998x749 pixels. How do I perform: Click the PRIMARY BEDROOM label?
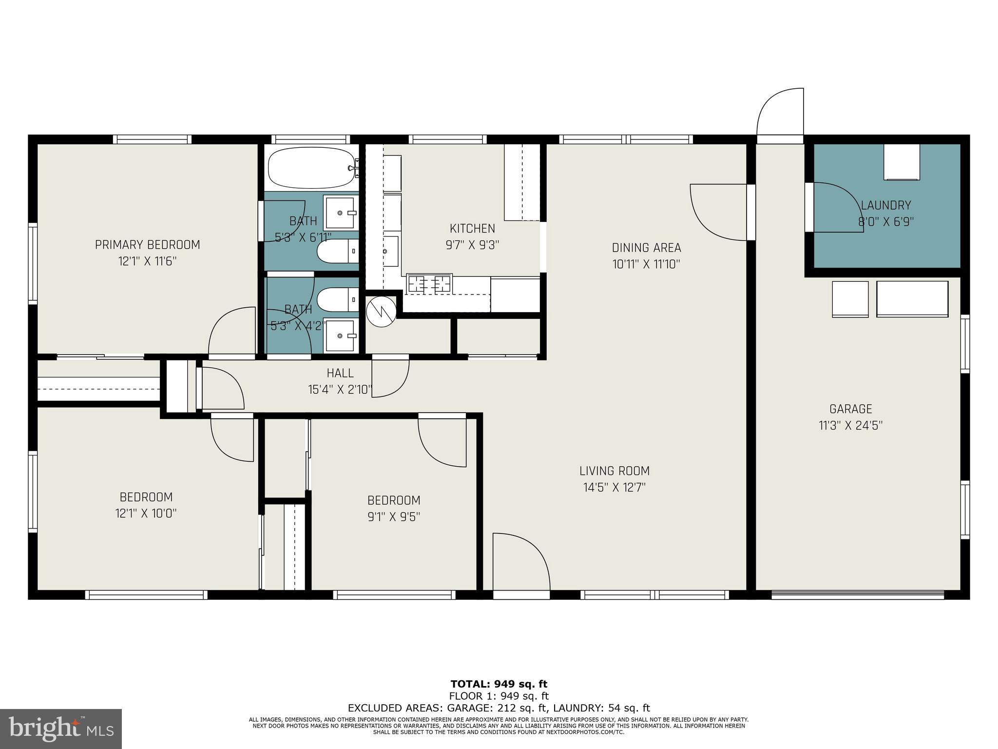coord(147,245)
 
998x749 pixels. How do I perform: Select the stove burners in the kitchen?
coord(429,284)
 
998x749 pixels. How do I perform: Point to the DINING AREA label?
coord(646,248)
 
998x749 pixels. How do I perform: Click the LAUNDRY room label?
coord(885,205)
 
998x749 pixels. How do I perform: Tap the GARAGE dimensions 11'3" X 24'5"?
coord(851,426)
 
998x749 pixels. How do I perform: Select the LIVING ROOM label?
coord(614,471)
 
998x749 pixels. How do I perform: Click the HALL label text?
coord(340,374)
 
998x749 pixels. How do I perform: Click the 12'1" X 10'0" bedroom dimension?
coord(146,513)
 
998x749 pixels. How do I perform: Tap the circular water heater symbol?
coord(381,311)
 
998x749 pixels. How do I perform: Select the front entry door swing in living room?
coord(520,561)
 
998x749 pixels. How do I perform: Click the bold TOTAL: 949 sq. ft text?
coord(499,684)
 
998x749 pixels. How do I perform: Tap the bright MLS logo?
coord(60,729)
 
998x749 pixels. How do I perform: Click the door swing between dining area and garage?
coord(718,213)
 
